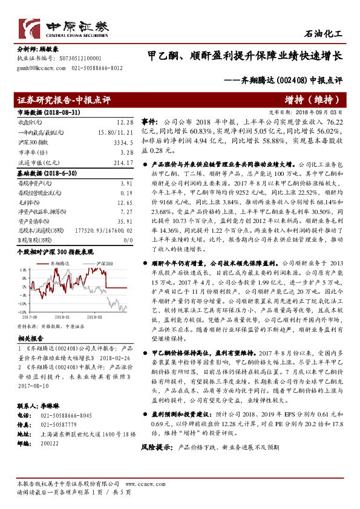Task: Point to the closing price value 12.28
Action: [125, 123]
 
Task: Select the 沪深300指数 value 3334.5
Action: [123, 143]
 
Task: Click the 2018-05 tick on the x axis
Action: [93, 315]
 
